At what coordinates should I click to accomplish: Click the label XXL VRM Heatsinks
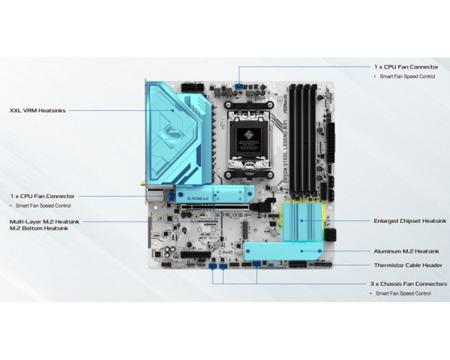click(x=37, y=110)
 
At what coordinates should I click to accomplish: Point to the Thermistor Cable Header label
click(x=407, y=265)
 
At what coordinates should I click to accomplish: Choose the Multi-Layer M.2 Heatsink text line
click(x=44, y=222)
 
